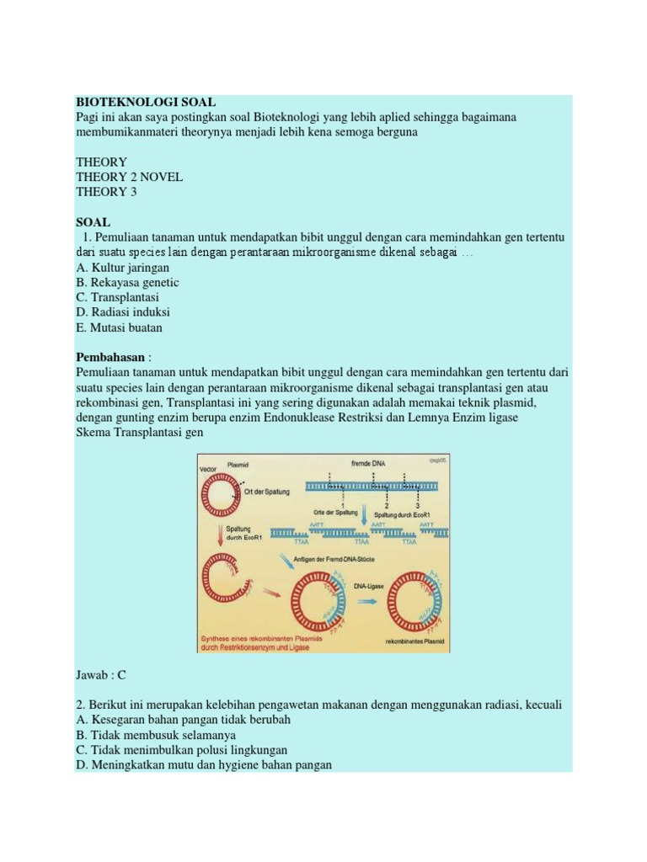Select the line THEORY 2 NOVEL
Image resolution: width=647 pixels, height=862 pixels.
[129, 177]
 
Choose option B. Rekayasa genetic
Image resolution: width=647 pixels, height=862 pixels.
[126, 283]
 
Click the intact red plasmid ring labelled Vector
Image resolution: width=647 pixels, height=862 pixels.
[222, 494]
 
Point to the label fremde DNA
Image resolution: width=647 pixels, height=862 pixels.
[368, 464]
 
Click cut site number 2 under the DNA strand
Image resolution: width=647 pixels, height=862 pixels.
[385, 505]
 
